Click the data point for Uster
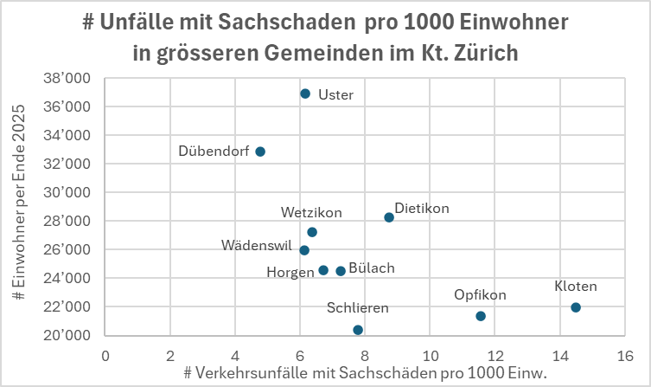pos(305,94)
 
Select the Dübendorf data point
pos(260,152)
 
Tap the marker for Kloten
pos(576,307)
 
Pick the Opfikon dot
pos(481,316)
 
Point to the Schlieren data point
pos(358,330)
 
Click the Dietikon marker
pos(389,217)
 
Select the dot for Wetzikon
pos(312,232)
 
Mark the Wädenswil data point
pos(304,250)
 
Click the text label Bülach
pos(372,268)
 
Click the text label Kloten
pos(576,287)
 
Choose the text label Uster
pos(335,95)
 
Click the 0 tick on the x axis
pos(105,356)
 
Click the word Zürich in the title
pos(485,53)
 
